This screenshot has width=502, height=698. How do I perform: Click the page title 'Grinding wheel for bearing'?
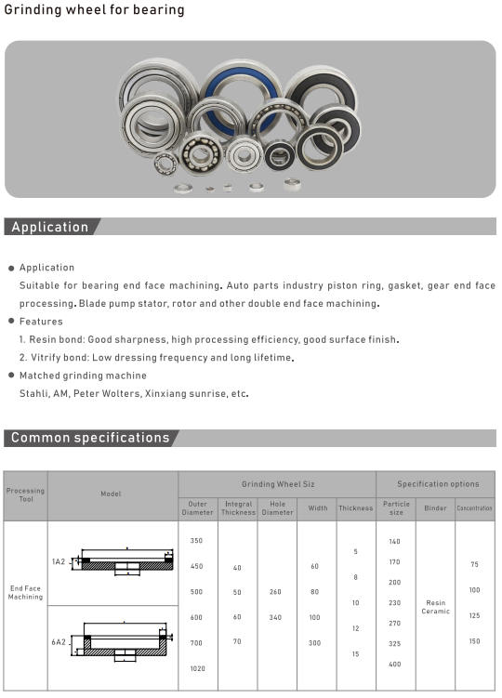tap(95, 10)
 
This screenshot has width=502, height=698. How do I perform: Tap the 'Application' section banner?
tap(50, 227)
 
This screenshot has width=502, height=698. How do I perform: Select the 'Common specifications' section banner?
tap(90, 438)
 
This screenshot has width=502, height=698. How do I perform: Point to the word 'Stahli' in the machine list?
tap(34, 393)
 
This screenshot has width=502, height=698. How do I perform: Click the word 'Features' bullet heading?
tap(41, 322)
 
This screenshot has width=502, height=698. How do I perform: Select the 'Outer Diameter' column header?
tap(197, 508)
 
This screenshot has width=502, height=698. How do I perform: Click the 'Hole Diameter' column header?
tap(277, 508)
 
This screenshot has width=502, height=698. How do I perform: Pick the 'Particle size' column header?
tap(396, 508)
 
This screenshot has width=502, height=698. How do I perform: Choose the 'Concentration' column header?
tap(475, 508)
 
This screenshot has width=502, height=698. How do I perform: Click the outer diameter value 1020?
tap(197, 669)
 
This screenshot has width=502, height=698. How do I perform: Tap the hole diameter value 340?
tap(277, 617)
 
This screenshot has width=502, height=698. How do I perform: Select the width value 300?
tap(314, 643)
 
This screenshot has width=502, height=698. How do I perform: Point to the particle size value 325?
tap(395, 643)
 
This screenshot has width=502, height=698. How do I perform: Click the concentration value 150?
tap(475, 641)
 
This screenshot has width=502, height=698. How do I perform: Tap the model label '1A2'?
tap(59, 562)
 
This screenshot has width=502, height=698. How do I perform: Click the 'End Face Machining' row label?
tap(25, 592)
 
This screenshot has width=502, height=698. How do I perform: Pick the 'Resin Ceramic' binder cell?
tap(436, 606)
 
